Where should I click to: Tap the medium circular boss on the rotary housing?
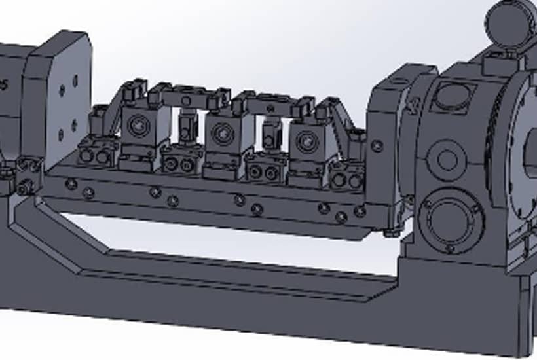[447, 159]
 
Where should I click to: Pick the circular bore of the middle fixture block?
[222, 134]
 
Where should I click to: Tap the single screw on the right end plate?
[377, 146]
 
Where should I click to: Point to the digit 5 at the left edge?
[5, 84]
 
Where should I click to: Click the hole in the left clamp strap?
[186, 101]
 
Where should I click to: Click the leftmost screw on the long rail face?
[71, 184]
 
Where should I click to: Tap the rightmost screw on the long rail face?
[360, 211]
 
